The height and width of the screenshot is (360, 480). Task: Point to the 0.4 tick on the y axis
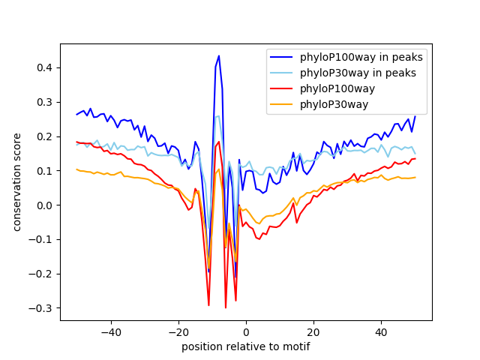coord(46,67)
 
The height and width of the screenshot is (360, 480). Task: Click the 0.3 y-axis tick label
coord(46,102)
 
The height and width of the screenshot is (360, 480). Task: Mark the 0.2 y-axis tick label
coord(46,136)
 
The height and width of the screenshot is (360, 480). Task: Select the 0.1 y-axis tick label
coord(46,171)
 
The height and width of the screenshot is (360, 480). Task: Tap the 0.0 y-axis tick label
coord(46,205)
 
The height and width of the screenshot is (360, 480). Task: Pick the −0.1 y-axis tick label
coord(43,239)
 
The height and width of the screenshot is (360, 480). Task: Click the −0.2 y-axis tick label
coord(43,274)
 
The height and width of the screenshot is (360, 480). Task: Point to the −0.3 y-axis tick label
coord(43,308)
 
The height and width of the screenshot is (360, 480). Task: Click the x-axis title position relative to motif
coord(246,347)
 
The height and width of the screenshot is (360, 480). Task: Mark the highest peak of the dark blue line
coord(219,55)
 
